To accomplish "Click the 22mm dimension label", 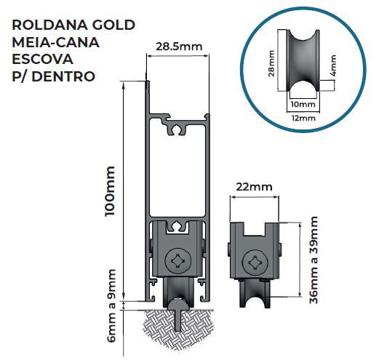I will [x=254, y=188].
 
